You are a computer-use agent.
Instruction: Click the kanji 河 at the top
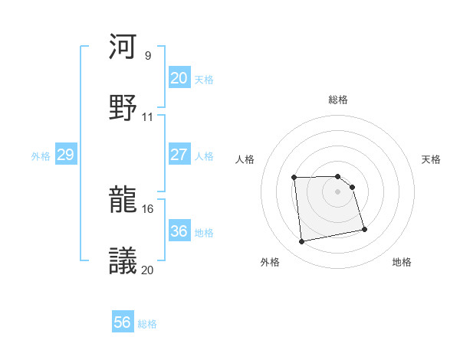click(123, 47)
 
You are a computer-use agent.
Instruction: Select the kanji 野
click(123, 106)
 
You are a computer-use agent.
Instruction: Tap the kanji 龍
click(123, 201)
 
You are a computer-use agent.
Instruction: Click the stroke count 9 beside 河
click(147, 56)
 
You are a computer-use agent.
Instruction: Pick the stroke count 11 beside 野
click(148, 116)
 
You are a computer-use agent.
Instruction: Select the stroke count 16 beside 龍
click(148, 208)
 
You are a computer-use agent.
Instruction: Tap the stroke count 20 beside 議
click(148, 269)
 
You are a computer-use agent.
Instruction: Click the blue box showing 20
click(179, 78)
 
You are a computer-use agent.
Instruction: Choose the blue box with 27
click(179, 155)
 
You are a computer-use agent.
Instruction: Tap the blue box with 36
click(179, 231)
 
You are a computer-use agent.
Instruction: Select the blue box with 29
click(65, 155)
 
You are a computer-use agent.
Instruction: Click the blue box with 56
click(122, 322)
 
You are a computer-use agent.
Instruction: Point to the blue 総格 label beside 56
click(147, 324)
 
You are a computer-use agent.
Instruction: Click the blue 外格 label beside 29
click(41, 156)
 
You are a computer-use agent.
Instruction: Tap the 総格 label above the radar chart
click(338, 100)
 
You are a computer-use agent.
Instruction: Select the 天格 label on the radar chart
click(432, 159)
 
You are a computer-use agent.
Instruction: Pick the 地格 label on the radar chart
click(402, 262)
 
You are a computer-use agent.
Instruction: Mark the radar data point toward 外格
click(302, 242)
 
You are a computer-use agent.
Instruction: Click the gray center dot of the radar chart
click(338, 191)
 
